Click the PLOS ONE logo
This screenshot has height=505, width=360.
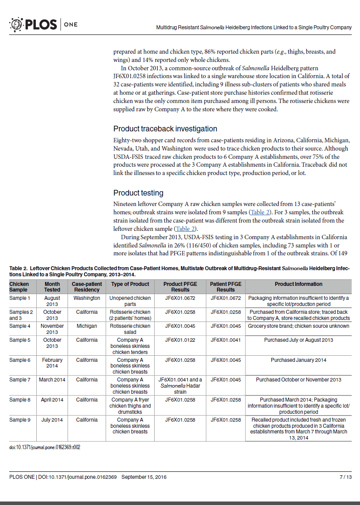point(43,24)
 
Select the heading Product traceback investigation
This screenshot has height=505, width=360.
point(165,129)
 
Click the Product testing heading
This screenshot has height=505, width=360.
point(138,193)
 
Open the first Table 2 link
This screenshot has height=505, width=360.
point(260,212)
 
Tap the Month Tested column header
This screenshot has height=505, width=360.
point(52,287)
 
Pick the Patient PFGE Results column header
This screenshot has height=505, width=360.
point(225,287)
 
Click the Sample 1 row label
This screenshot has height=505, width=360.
point(20,298)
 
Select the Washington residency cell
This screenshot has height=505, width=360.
point(87,298)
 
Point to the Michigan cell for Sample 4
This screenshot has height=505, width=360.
point(87,326)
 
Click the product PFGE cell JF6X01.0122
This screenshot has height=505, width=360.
point(180,340)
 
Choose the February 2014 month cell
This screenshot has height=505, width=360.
point(52,363)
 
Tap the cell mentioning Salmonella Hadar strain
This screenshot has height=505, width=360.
point(180,386)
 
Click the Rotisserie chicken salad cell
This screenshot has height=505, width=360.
point(130,329)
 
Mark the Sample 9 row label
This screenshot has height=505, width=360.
point(20,420)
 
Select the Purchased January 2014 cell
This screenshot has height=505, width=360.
point(298,360)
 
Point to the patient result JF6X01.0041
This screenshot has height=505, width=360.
point(225,340)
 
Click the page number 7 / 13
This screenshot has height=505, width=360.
point(346,477)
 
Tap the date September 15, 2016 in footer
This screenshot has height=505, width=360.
point(144,477)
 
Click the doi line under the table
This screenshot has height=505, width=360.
point(45,447)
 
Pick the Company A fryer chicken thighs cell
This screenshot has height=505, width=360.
point(130,405)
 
